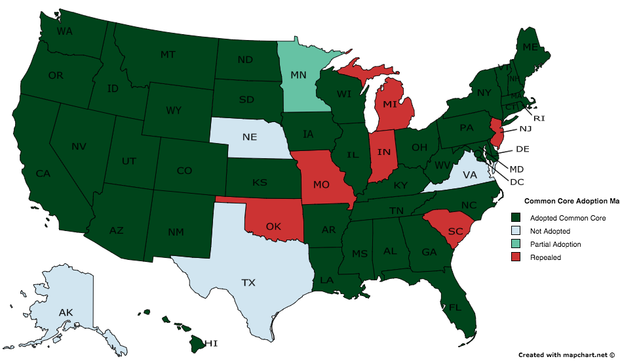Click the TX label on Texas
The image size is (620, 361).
(248, 283)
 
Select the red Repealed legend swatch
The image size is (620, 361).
(516, 257)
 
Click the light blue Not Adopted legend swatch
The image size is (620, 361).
(516, 231)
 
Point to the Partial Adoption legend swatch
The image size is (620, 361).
(516, 244)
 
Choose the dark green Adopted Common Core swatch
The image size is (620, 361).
(516, 218)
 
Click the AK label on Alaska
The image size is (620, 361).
(66, 312)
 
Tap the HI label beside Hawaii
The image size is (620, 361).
(210, 343)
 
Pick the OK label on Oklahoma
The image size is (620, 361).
(274, 227)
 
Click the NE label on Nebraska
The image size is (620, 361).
(249, 137)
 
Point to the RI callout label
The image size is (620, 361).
(539, 118)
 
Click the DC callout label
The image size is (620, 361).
(516, 180)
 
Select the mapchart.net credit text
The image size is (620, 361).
(567, 354)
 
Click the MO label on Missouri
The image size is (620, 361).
(321, 185)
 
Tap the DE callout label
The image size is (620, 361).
(522, 149)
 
